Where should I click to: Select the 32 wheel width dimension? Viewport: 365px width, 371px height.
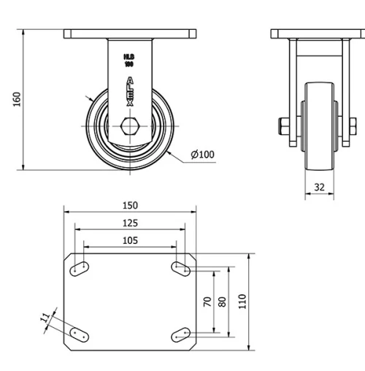pyautogui.click(x=319, y=187)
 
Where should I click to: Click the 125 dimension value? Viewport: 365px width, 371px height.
pyautogui.click(x=129, y=223)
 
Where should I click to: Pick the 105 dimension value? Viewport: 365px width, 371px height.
pyautogui.click(x=129, y=240)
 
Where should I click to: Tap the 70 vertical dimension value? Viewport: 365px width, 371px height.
pyautogui.click(x=207, y=301)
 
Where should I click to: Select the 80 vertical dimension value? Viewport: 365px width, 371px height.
pyautogui.click(x=223, y=301)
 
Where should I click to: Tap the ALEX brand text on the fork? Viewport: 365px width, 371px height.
pyautogui.click(x=130, y=91)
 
